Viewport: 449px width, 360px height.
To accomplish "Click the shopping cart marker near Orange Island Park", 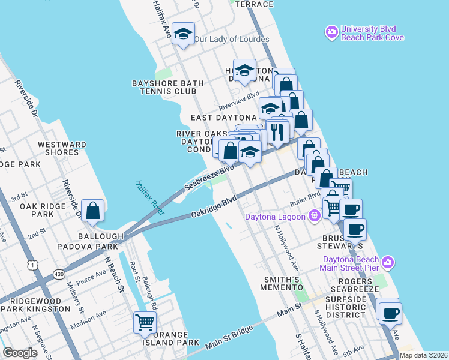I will (145, 322).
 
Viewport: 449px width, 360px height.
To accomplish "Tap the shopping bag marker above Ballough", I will (93, 211).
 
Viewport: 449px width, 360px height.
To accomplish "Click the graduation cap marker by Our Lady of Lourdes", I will (183, 34).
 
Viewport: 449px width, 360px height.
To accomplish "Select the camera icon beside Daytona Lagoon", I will (313, 215).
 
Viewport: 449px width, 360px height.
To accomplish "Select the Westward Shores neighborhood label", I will (62, 148).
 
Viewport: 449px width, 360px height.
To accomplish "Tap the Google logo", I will (20, 352).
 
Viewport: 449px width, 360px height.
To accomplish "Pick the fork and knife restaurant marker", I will (276, 131).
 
